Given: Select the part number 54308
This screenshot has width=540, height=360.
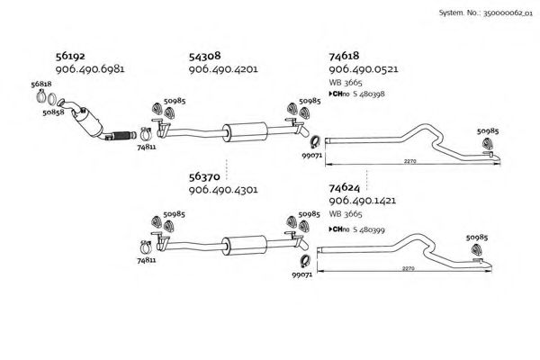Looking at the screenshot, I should (204, 56).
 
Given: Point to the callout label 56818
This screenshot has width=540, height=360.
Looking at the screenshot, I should (41, 83).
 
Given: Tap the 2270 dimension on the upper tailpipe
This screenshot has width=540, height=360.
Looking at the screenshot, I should (409, 161).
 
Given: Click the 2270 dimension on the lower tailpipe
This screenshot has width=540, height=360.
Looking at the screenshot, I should (409, 268).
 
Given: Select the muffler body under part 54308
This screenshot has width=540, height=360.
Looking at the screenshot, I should (245, 129).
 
